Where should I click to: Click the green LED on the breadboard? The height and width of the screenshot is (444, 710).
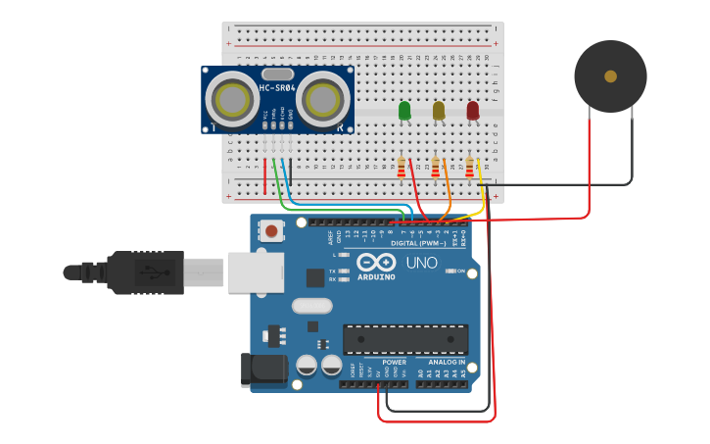[404, 111]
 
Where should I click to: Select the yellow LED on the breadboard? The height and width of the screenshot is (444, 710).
[439, 111]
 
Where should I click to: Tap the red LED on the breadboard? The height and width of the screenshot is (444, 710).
[473, 111]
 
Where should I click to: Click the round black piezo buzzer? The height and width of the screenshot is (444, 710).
[610, 75]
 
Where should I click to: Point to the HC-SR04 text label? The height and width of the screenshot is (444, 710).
[277, 89]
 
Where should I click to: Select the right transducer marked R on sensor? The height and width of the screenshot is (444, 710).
[323, 99]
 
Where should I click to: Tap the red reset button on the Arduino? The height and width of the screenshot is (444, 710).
[271, 231]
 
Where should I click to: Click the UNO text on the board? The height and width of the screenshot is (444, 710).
[422, 263]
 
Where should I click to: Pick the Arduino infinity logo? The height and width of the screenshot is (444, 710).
[377, 263]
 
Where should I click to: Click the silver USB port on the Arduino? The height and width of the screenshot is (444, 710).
[256, 271]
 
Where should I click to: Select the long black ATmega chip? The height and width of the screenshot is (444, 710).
[404, 339]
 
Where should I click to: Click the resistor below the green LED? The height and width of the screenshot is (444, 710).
[402, 169]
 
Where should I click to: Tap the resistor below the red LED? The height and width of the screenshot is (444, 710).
[470, 169]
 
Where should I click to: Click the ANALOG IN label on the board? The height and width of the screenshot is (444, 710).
[447, 362]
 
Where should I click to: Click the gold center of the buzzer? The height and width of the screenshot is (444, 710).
[610, 75]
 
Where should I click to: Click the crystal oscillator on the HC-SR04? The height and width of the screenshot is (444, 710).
[277, 74]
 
